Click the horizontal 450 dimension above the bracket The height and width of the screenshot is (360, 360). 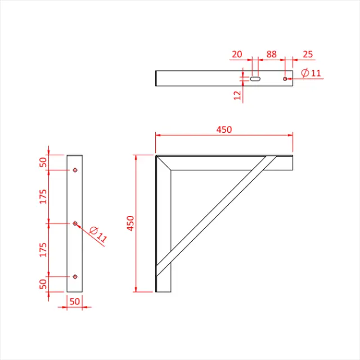[224, 129]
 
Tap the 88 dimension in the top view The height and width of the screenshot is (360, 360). [272, 55]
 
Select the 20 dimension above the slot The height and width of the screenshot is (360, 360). [236, 55]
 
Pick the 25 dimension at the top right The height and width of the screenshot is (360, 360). [307, 55]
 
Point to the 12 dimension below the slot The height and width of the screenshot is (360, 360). [238, 96]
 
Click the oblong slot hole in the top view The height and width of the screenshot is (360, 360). [255, 78]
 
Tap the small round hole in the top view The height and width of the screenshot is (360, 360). [286, 78]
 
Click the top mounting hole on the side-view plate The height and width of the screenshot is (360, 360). [75, 170]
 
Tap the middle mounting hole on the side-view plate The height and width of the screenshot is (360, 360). [75, 223]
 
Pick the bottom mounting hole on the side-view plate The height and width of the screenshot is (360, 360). [75, 276]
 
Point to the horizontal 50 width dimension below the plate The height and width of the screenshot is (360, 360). [75, 301]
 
